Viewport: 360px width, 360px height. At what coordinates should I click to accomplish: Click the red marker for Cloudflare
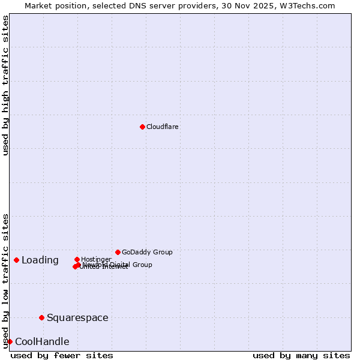pos(142,127)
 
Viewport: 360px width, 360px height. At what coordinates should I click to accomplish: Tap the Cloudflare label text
pos(162,127)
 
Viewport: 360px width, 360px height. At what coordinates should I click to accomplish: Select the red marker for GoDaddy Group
pos(118,252)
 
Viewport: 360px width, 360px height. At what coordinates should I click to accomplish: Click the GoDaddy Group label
pos(147,252)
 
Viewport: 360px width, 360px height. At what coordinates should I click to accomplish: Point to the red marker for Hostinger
pos(77,259)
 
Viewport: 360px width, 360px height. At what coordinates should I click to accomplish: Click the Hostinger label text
pos(96,259)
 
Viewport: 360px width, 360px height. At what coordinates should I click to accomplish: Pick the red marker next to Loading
pos(16,260)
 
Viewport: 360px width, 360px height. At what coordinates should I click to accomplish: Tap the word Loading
pos(40,260)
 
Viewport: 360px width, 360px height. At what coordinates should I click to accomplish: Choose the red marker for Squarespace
pos(41,317)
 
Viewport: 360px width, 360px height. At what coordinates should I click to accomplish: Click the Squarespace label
pos(77,317)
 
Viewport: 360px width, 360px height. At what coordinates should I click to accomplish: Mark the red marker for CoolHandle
pos(10,341)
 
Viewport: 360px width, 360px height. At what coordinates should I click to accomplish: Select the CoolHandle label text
pos(42,341)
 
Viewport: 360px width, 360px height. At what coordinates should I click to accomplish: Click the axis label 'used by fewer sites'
pos(62,355)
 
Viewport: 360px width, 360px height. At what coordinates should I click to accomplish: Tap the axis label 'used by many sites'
pos(301,355)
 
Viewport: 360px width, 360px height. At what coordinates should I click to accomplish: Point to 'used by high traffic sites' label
pos(6,86)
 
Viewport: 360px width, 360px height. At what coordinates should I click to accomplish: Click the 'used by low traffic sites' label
pos(6,280)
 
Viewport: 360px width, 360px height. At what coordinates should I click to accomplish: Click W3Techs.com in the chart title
pos(309,5)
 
